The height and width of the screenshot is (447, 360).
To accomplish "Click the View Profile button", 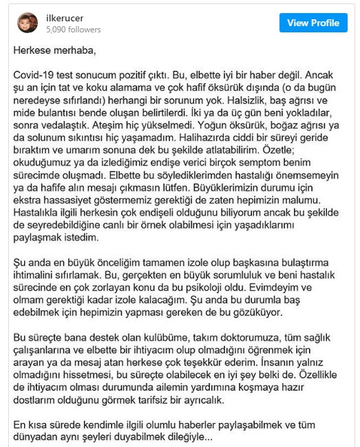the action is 313,23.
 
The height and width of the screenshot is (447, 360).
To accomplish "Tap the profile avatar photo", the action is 28,23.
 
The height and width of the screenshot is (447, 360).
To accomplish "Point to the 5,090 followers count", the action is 73,30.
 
